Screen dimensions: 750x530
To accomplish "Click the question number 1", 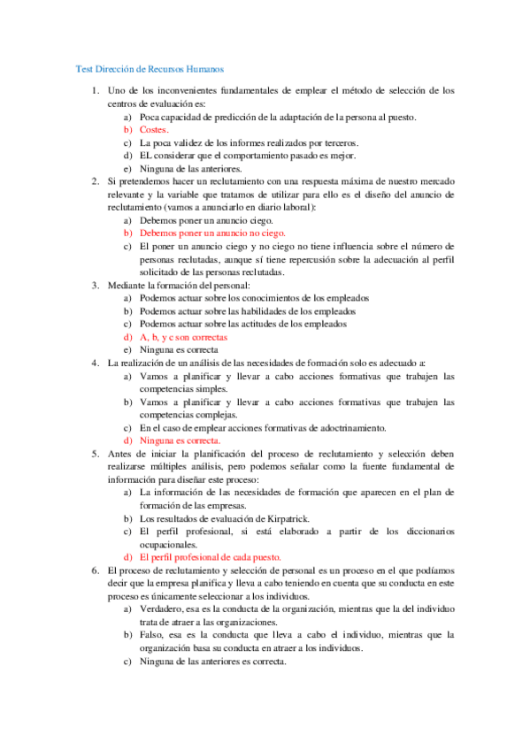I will [96, 90].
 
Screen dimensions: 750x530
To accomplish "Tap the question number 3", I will [96, 285].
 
